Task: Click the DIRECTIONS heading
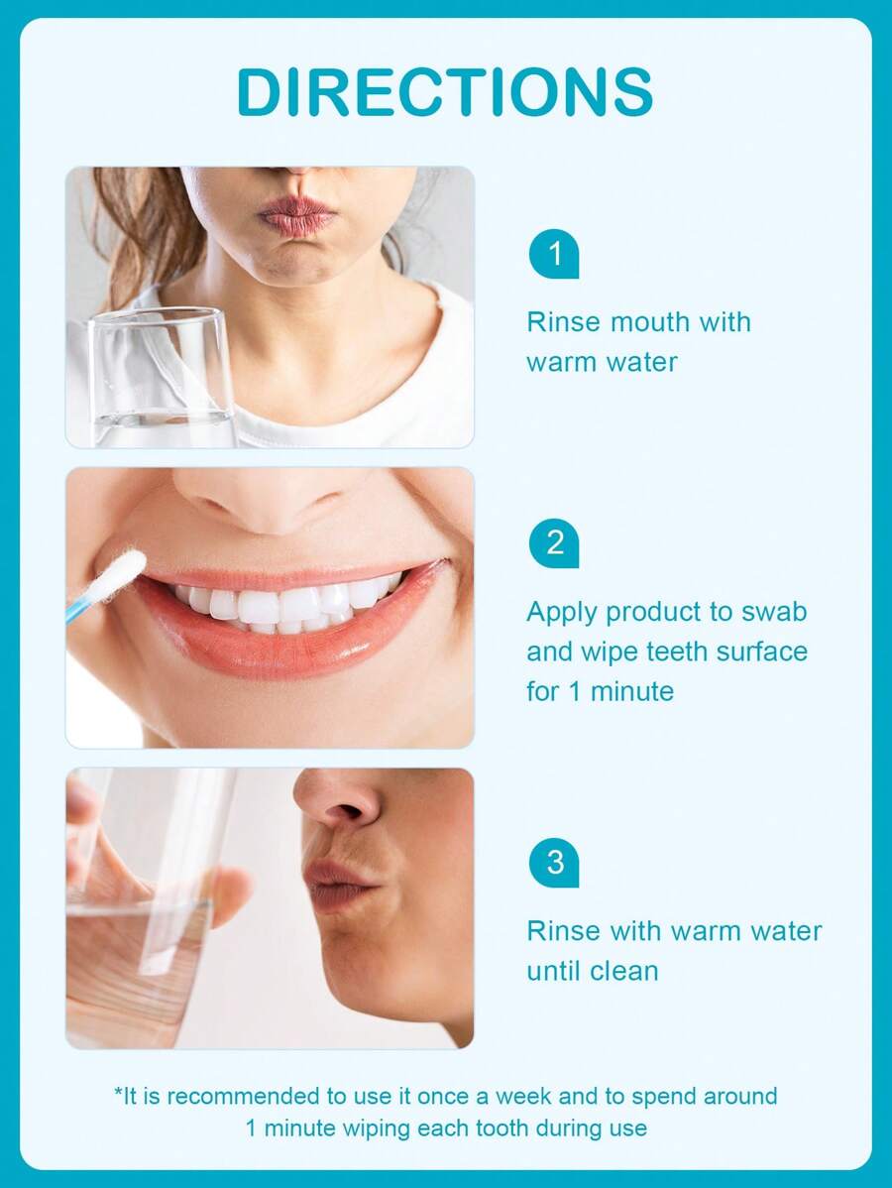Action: pos(445,92)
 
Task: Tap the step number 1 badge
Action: pos(554,254)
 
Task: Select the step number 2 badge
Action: pos(554,543)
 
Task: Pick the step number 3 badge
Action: pos(554,862)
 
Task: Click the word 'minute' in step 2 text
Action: pos(632,691)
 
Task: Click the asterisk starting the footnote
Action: pos(117,1093)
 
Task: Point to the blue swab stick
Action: pos(81,609)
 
